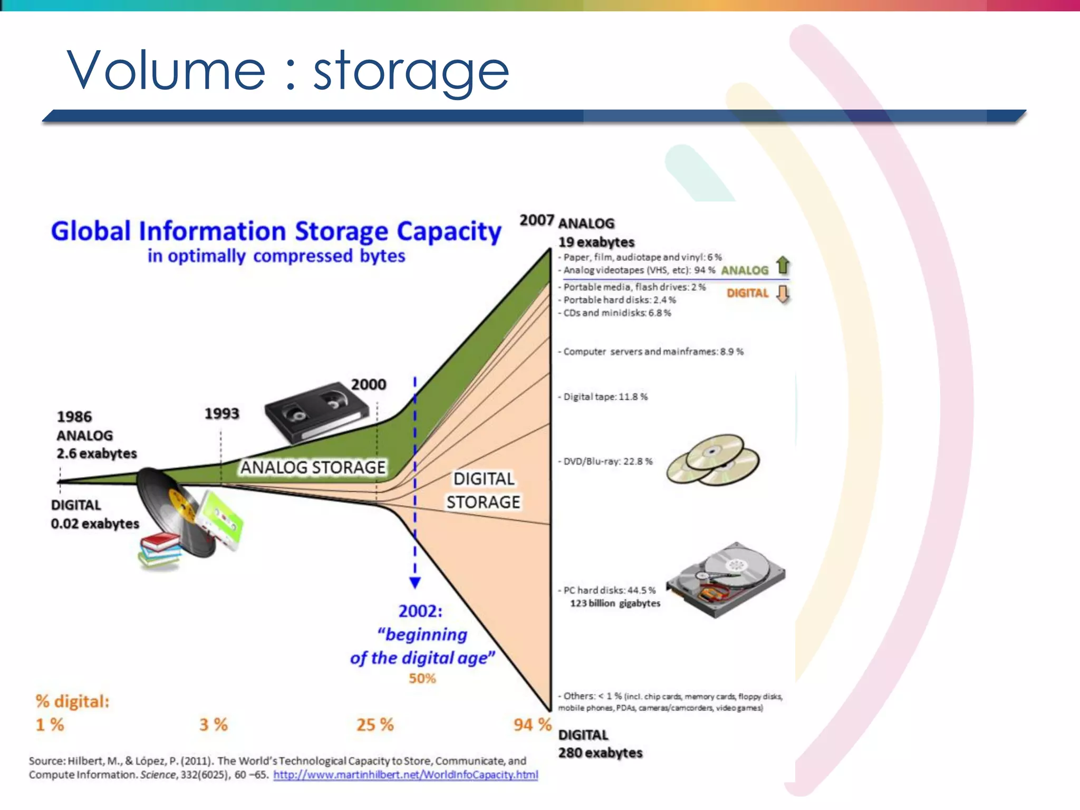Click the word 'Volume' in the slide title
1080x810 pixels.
(x=166, y=70)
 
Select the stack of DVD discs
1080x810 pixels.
(x=712, y=459)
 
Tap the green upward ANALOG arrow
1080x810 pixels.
(x=783, y=265)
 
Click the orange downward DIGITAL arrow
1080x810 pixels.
(x=783, y=294)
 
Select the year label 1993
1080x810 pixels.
(x=221, y=413)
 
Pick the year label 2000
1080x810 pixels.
(x=369, y=384)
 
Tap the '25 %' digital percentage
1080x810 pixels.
(x=375, y=725)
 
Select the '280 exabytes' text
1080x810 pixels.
(x=600, y=753)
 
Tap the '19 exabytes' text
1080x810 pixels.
(x=596, y=242)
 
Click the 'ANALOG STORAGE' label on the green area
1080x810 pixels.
(x=313, y=467)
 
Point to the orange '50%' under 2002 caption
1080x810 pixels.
(x=422, y=678)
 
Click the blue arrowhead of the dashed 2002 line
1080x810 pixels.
(x=415, y=582)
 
